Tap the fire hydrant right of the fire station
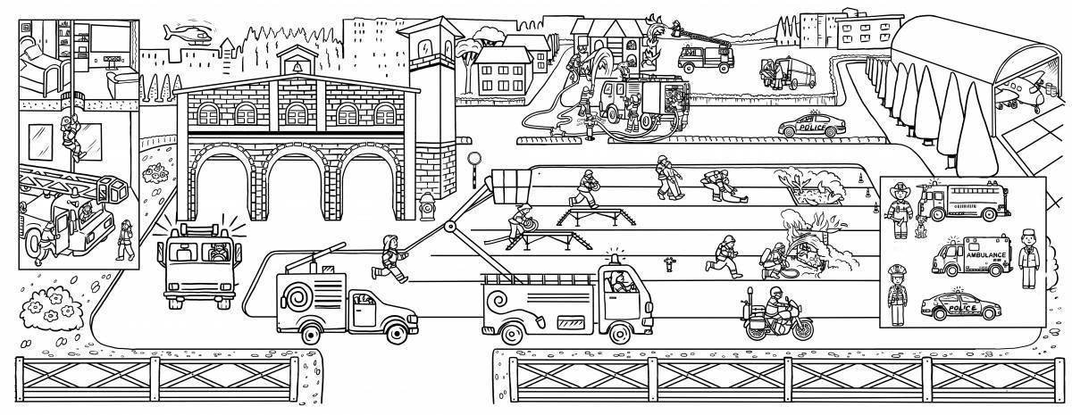[427, 206]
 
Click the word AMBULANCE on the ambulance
[985, 254]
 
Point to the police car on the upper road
[809, 128]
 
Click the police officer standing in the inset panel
[896, 294]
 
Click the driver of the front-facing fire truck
[216, 253]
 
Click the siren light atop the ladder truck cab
[614, 258]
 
